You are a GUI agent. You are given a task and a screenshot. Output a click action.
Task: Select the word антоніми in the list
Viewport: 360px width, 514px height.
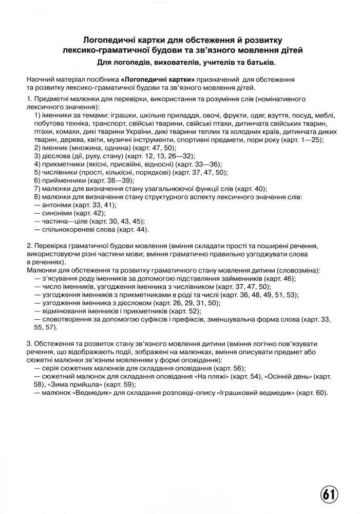[56, 205]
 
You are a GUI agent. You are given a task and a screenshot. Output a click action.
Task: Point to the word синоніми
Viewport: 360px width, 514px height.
[56, 213]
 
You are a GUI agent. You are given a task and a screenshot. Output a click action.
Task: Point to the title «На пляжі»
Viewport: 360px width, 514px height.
[213, 376]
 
